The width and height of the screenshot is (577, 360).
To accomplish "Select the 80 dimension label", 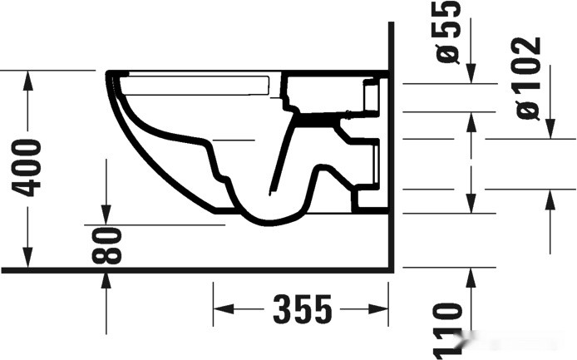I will [x=108, y=246].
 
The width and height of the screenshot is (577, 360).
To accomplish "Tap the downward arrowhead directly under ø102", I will [x=549, y=130].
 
